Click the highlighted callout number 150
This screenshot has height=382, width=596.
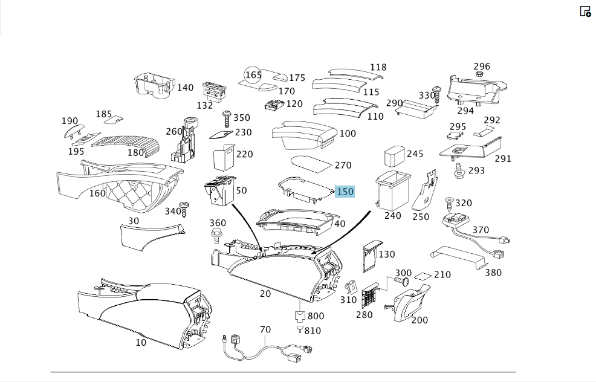pyautogui.click(x=345, y=192)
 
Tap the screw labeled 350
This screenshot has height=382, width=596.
pyautogui.click(x=227, y=119)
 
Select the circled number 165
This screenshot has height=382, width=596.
pyautogui.click(x=253, y=74)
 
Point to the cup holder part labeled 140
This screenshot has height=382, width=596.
pyautogui.click(x=154, y=86)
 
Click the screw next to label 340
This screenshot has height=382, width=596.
pyautogui.click(x=184, y=209)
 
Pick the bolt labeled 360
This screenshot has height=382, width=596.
pyautogui.click(x=216, y=236)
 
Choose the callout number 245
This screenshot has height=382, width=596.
pyautogui.click(x=415, y=154)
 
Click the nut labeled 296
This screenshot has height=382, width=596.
pyautogui.click(x=479, y=74)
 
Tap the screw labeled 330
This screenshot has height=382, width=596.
pyautogui.click(x=437, y=95)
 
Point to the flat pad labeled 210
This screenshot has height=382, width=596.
pyautogui.click(x=423, y=276)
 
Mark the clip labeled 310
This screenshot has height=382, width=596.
pyautogui.click(x=352, y=287)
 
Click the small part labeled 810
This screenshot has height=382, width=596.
pyautogui.click(x=300, y=328)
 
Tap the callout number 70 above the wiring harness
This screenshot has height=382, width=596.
pyautogui.click(x=265, y=329)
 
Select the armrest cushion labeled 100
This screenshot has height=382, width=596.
pyautogui.click(x=305, y=135)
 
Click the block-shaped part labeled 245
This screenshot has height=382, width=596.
pyautogui.click(x=395, y=156)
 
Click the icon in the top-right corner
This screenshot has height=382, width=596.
pyautogui.click(x=585, y=11)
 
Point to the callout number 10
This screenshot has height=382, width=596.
pyautogui.click(x=141, y=343)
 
